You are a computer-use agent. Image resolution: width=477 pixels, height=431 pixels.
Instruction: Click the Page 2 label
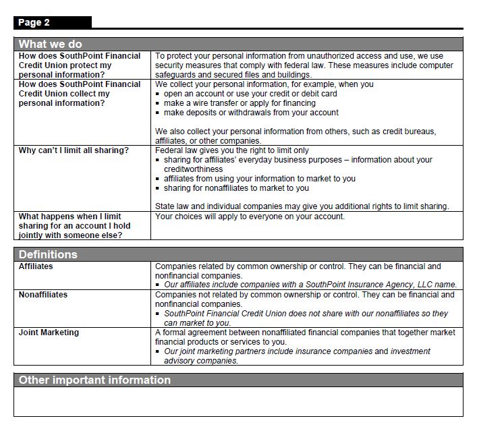point(34,23)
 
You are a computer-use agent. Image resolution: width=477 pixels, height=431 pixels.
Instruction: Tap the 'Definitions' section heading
point(48,254)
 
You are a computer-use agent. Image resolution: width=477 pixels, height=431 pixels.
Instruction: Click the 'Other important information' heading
point(94,380)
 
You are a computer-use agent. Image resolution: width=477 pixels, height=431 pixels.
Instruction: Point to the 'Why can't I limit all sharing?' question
point(74,150)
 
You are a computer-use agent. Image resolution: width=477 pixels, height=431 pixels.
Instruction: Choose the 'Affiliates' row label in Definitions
point(36,266)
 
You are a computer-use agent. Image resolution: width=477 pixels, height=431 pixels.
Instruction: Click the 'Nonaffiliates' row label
point(43,295)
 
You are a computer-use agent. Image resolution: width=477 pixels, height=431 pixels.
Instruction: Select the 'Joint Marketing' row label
point(49,333)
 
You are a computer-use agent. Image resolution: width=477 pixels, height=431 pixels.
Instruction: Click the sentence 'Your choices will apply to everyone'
point(250,217)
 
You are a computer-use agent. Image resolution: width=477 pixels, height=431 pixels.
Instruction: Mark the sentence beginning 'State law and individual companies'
point(302,206)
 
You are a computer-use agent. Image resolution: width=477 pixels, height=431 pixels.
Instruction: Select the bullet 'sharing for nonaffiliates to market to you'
point(236,188)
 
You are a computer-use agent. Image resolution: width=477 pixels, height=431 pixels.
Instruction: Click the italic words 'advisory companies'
point(200,361)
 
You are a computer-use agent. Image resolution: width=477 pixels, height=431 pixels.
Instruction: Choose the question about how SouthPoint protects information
point(80,65)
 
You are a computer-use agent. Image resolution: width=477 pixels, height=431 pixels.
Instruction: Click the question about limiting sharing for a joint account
point(74,226)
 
